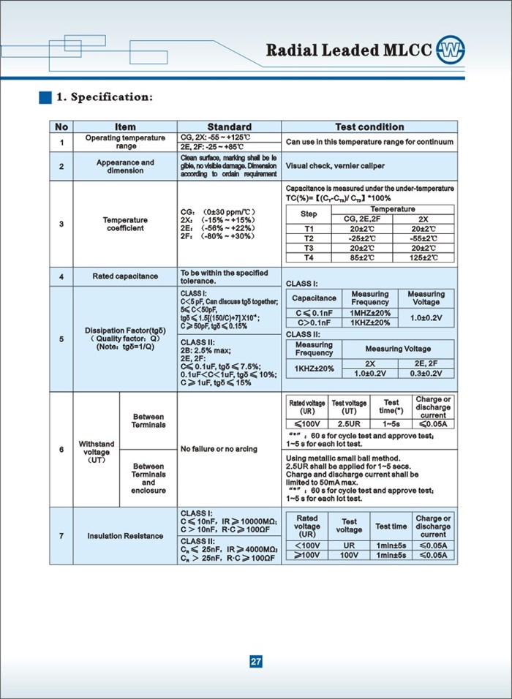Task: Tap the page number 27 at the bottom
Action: [256, 662]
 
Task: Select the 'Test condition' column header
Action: [369, 126]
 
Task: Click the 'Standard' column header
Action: [229, 126]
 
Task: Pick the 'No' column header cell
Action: [61, 126]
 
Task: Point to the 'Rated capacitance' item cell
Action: [125, 276]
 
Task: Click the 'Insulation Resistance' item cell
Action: [125, 536]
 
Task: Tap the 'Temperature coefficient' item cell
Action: [125, 224]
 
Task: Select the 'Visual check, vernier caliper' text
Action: [334, 166]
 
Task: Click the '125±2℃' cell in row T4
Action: [423, 257]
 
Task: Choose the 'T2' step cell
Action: [309, 238]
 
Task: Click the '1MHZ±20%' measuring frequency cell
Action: [370, 313]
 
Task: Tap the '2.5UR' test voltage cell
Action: [349, 423]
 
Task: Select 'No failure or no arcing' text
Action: [219, 449]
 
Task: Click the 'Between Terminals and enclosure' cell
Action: [148, 478]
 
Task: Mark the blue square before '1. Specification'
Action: [45, 97]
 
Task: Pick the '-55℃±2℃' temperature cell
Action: [423, 238]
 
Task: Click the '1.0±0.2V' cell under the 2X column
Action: [370, 373]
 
